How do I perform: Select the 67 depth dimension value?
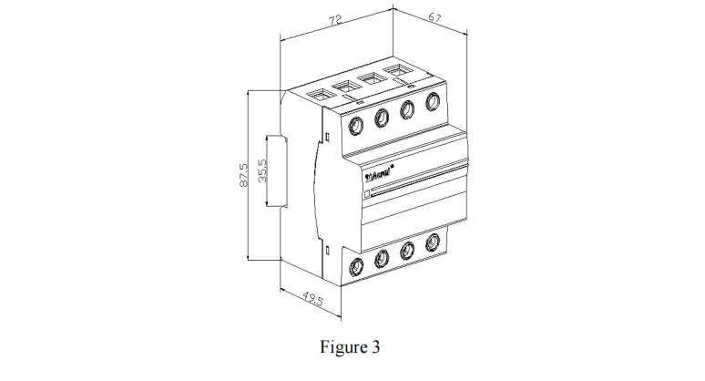tap(434, 17)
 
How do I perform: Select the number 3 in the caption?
tap(375, 347)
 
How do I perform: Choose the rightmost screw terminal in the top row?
tap(431, 102)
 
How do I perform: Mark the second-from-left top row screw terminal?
tap(382, 116)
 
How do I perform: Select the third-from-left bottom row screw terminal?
tap(407, 252)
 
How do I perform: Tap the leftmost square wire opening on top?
tap(321, 94)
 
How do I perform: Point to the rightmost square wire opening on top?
tap(398, 70)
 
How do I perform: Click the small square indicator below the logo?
tap(367, 193)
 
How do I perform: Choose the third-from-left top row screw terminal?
tap(407, 108)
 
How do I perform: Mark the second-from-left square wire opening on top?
tap(346, 86)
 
